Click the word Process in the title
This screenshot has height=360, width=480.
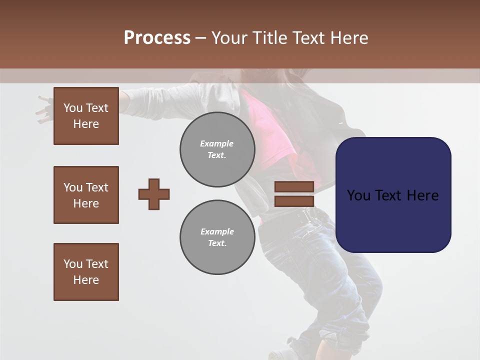pos(157,37)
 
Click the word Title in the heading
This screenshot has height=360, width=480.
pos(270,38)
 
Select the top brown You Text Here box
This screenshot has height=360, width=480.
pos(86,116)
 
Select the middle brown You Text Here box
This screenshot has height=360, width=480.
pos(86,195)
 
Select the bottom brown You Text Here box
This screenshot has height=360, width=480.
pos(86,272)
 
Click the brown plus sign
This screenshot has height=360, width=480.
pos(154,194)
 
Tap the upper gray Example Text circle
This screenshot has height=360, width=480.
pos(217,149)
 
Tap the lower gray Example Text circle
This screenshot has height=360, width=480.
pos(217,237)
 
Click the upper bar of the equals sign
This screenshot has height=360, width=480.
pos(294,186)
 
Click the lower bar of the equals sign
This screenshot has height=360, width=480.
pos(294,201)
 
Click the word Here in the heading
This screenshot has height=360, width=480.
pos(348,38)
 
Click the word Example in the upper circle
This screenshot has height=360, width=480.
pos(217,143)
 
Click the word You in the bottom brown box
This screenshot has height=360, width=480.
pos(73,264)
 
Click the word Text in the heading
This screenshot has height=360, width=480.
pos(309,38)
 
